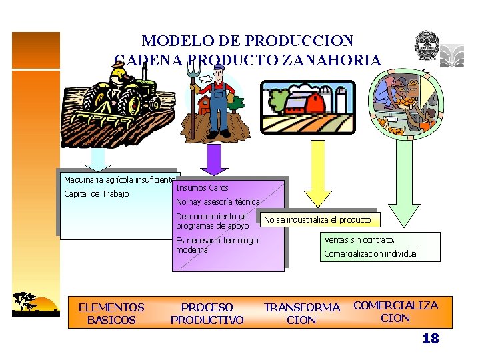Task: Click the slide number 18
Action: pos(431,339)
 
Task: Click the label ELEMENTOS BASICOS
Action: pos(111,313)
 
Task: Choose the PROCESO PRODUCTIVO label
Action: pos(207,313)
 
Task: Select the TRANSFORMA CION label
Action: pos(302,313)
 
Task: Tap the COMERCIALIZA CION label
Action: pos(395,311)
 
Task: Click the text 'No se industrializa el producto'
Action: pos(317,219)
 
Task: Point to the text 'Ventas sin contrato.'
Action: pos(359,239)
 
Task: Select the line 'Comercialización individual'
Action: pos(371,253)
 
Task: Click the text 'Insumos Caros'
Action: pos(202,188)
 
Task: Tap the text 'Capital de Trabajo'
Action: pos(96,194)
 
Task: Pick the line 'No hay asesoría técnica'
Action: pos(217,201)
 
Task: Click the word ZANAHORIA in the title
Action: pos(331,61)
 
